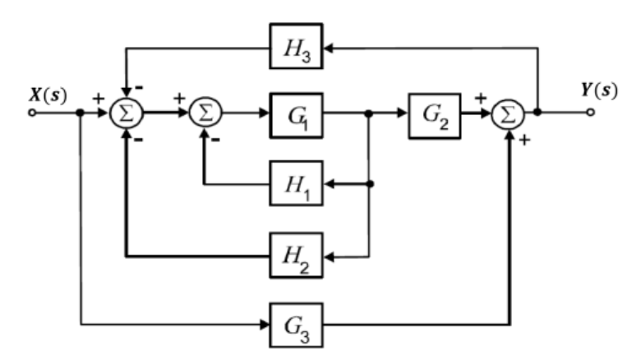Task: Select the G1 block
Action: [297, 114]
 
